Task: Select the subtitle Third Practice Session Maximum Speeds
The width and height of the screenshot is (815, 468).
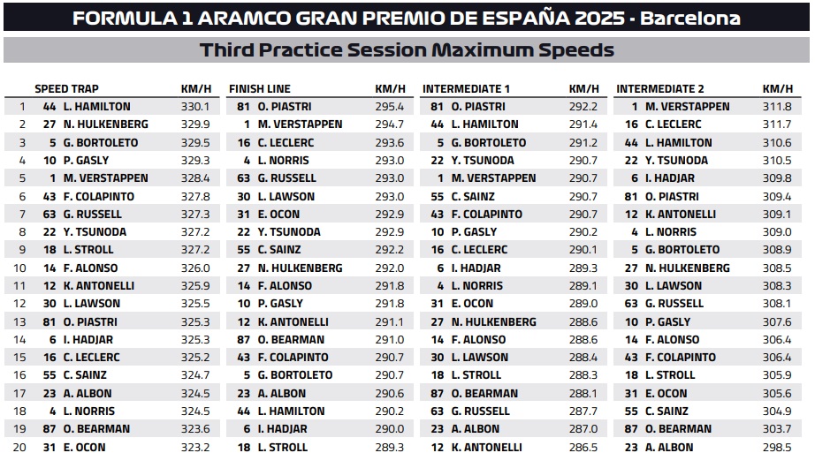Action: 407,50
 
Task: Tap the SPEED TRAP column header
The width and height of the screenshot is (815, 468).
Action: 66,88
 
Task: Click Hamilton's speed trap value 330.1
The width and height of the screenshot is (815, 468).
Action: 195,107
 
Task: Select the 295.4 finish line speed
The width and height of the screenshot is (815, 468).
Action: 389,107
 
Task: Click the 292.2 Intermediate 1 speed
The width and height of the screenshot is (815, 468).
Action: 583,107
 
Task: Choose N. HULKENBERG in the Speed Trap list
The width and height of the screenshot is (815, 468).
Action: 105,125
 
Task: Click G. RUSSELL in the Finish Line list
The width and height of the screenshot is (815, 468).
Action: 286,178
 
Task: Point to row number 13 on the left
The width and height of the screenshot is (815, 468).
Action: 21,321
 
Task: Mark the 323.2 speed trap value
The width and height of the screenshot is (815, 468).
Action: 195,447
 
